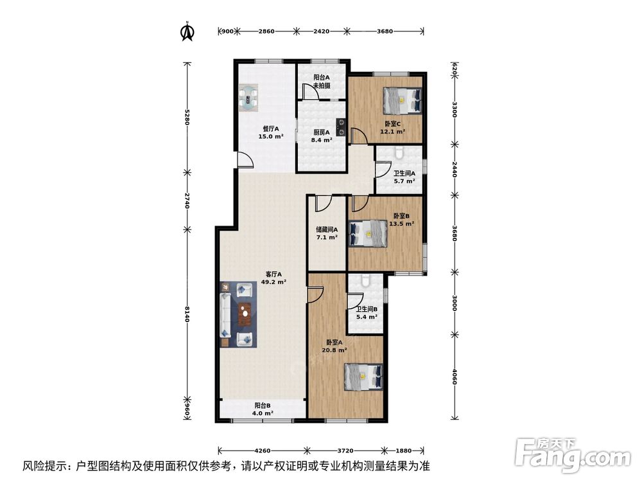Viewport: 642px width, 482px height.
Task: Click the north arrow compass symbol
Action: tap(187, 31)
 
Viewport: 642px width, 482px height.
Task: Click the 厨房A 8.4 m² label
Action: tap(321, 136)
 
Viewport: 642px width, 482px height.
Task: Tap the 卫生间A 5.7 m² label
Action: tap(404, 177)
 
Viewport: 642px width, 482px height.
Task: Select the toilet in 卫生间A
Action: tap(399, 153)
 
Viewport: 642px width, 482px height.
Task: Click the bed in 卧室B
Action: tap(367, 234)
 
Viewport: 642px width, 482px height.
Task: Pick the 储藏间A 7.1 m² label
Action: tap(327, 233)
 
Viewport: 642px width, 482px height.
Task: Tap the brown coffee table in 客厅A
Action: tap(245, 314)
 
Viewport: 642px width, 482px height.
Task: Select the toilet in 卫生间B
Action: tap(365, 281)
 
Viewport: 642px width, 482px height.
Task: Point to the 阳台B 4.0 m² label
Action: tap(263, 409)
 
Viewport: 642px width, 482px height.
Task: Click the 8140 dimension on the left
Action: tap(187, 314)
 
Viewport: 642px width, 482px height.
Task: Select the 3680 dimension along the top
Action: tap(385, 31)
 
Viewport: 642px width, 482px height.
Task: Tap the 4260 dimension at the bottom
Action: tap(263, 451)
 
